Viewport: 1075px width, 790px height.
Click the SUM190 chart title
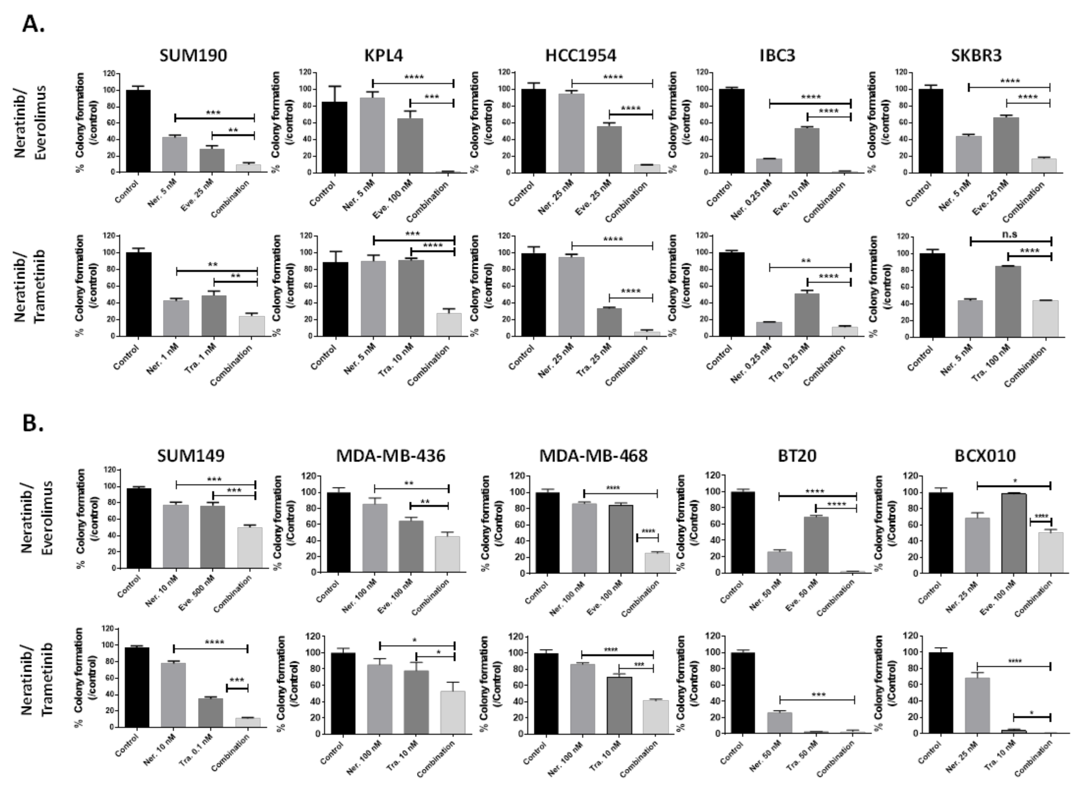point(193,55)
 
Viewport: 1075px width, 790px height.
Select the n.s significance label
point(1010,234)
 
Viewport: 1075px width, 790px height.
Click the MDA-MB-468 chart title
point(593,456)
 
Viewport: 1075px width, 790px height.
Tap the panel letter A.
point(32,24)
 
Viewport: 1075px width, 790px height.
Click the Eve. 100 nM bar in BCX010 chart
point(1013,533)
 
